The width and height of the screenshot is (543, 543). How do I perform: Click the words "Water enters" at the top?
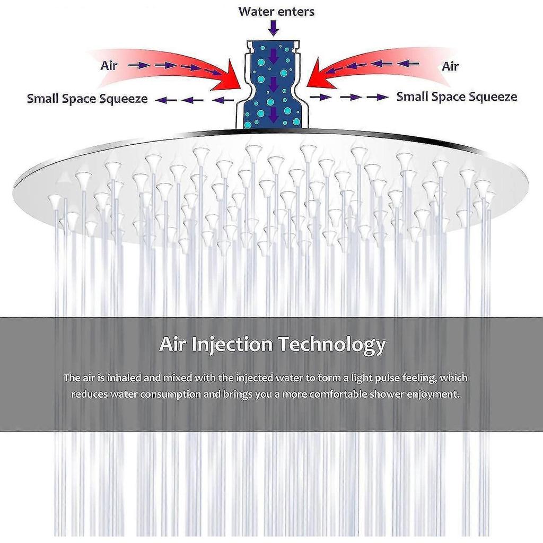276,12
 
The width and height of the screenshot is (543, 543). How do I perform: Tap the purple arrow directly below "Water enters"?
274,28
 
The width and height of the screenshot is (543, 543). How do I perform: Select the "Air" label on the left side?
109,65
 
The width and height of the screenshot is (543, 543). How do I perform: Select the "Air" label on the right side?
450,66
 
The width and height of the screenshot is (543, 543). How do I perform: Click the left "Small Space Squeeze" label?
87,99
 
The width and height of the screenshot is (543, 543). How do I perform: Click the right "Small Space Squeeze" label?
457,97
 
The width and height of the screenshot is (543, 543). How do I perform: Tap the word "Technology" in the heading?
332,344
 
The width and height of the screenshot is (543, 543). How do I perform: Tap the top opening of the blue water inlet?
273,43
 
